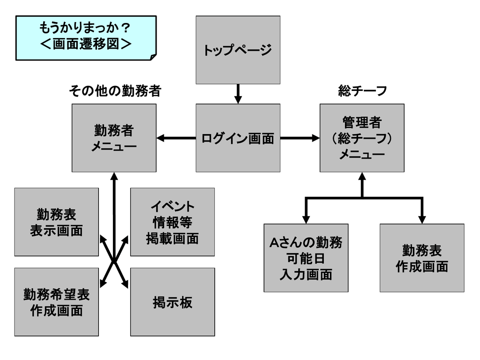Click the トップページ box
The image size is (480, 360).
(238, 50)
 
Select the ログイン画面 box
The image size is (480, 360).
(238, 138)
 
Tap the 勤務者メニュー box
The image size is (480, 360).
(114, 138)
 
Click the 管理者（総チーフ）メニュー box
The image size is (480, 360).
(362, 138)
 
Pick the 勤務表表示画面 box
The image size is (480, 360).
(56, 222)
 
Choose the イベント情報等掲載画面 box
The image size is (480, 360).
(172, 222)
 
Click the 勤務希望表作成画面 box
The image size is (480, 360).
(56, 302)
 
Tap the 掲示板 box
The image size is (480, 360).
(172, 302)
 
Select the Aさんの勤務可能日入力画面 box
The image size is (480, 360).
(306, 258)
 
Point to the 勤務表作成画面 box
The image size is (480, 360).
(422, 258)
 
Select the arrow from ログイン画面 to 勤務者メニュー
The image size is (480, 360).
(176, 138)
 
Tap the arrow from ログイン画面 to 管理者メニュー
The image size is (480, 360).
(300, 138)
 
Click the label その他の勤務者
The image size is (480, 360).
(114, 91)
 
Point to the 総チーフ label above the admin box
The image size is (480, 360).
(362, 91)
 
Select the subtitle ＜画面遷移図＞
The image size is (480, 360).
(85, 45)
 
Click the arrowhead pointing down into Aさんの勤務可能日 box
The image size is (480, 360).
(306, 219)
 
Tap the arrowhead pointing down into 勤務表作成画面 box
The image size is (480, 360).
(422, 219)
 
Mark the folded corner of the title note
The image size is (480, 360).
(152, 56)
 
